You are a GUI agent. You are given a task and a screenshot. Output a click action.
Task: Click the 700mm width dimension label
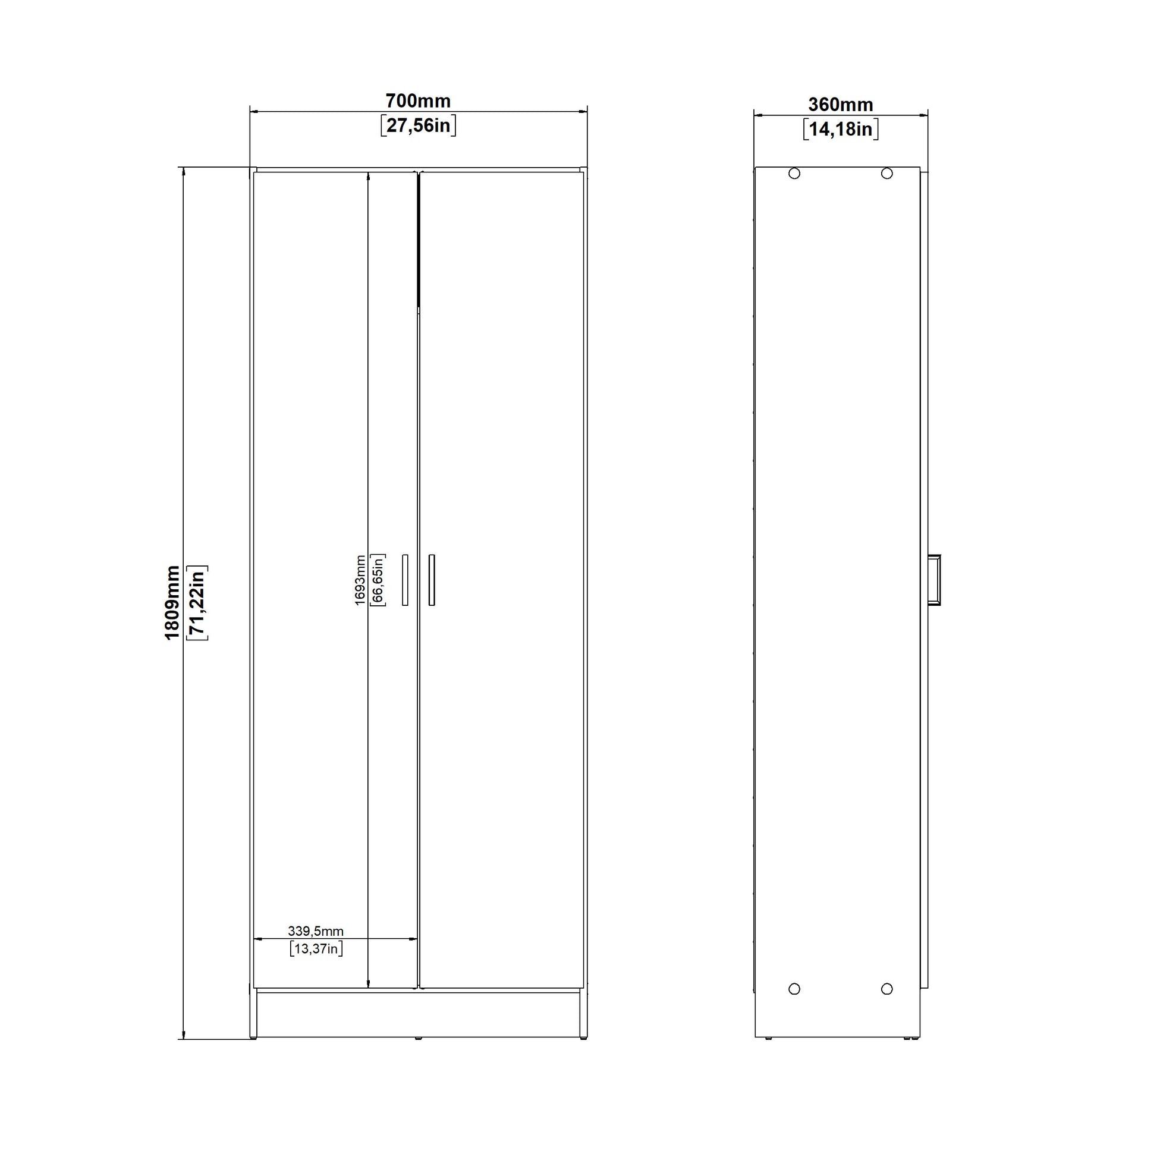418,100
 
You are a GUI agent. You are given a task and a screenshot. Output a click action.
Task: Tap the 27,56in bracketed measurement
418,126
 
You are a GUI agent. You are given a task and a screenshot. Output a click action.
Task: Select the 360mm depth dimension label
841,105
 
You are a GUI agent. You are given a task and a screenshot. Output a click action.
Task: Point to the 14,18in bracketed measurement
841,130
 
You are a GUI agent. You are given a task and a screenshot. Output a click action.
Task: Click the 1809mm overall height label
172,602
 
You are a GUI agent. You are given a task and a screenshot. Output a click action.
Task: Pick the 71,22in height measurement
197,602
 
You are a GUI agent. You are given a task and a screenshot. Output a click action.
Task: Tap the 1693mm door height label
360,580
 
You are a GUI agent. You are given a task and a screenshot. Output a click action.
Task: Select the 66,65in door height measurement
378,580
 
